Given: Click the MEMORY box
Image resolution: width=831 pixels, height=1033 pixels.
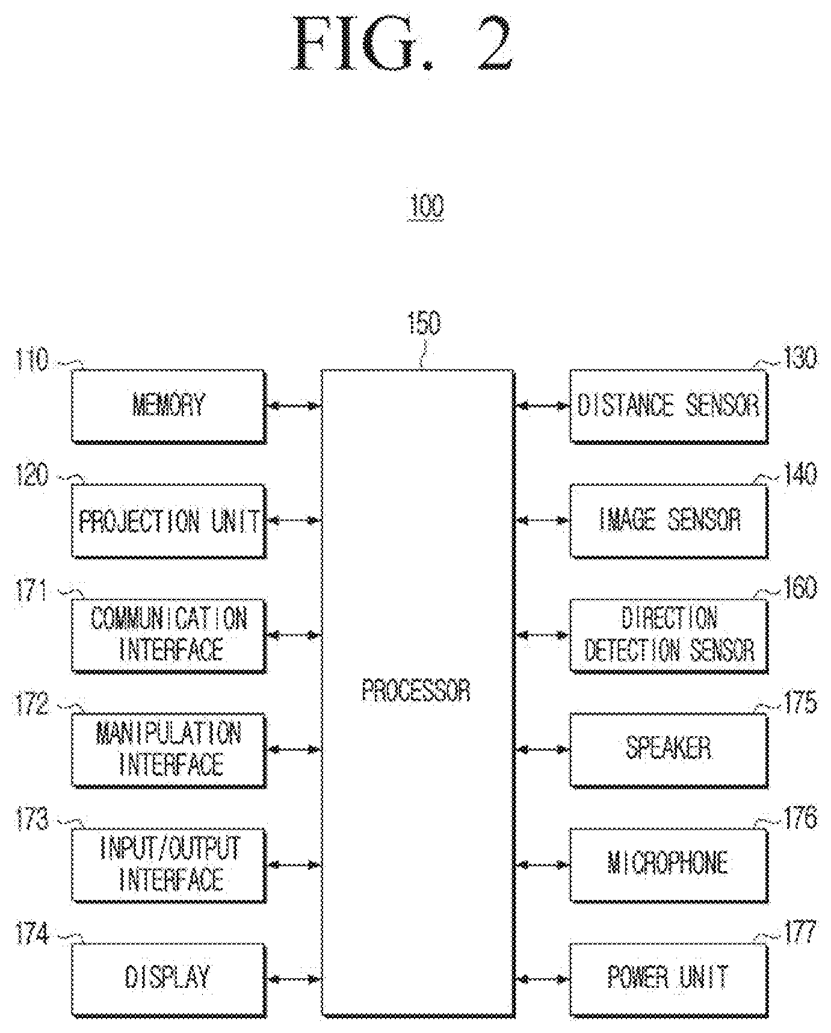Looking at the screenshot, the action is [168, 406].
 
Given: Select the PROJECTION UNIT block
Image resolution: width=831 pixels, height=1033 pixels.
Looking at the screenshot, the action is [168, 521].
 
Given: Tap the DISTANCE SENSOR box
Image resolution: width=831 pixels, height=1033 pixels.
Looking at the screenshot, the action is [669, 406].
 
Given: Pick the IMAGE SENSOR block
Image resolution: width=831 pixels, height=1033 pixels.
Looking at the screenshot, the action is [669, 521].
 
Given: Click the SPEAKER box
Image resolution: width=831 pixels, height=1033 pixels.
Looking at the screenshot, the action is [669, 749].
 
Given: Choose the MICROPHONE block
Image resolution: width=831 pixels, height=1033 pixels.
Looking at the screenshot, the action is [669, 864].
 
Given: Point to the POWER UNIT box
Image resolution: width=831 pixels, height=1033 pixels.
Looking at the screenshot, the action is [669, 979].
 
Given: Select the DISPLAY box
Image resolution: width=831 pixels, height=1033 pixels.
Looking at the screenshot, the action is [168, 979].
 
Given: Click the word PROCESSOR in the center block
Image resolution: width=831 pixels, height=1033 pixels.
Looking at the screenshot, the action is [416, 690].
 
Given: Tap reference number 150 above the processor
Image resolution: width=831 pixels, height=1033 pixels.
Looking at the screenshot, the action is [424, 323].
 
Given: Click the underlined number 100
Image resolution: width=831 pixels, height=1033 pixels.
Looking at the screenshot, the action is [426, 206].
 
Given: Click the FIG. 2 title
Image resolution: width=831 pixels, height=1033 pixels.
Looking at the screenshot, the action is [403, 45].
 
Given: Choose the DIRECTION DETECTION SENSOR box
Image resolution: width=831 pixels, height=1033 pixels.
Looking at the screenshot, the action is [669, 635].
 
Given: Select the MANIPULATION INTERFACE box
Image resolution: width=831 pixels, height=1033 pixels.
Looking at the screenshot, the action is [168, 749].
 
